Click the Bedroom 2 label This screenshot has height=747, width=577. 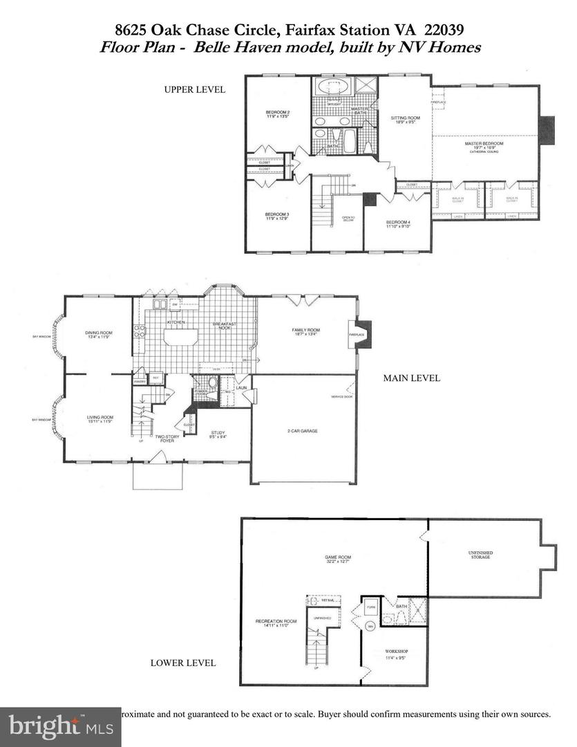[x=277, y=113]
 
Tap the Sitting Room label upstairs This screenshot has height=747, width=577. [x=405, y=118]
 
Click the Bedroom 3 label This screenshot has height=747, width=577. [x=277, y=215]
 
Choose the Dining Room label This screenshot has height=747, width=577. [x=98, y=333]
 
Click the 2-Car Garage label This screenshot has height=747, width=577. [x=303, y=430]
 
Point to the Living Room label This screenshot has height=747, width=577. [x=99, y=418]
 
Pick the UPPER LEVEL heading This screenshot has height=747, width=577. [x=194, y=90]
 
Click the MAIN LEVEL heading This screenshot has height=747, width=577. [x=412, y=378]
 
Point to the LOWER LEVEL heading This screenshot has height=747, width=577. [x=183, y=663]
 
